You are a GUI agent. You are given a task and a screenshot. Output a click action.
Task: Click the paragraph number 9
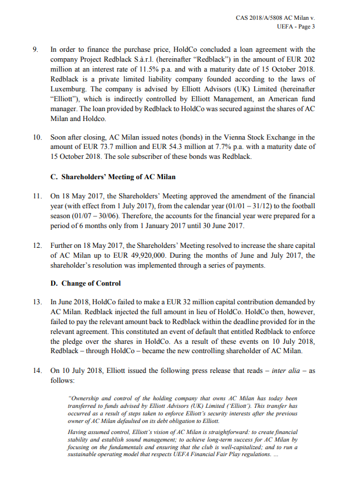click(x=35, y=50)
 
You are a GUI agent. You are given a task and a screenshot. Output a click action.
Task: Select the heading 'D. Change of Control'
click(x=85, y=283)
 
